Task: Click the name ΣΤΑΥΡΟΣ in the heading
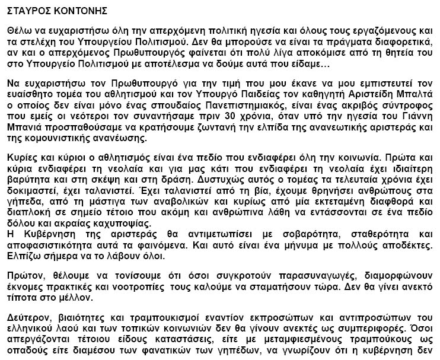click(x=27, y=10)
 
